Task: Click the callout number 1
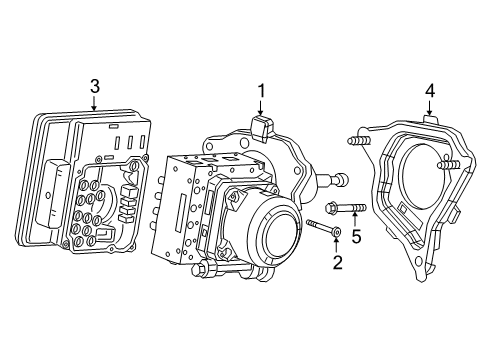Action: tap(261, 91)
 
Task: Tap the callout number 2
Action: tap(337, 262)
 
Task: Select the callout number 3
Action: tap(94, 87)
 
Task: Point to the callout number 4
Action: tap(429, 91)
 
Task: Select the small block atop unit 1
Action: tap(262, 128)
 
